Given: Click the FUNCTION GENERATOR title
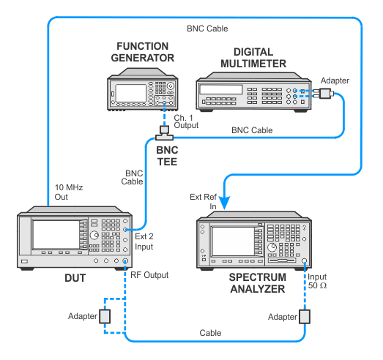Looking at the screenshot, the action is [x=143, y=52].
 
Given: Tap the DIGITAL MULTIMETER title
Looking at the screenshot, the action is [x=253, y=58].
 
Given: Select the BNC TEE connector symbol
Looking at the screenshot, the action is [x=164, y=133].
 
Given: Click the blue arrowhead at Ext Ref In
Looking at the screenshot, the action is [x=224, y=203].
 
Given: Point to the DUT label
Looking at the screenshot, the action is [x=75, y=278].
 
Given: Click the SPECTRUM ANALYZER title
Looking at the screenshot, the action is [x=258, y=283].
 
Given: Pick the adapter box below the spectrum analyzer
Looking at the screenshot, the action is [x=305, y=317].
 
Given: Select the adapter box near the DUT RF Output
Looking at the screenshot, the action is [x=105, y=316].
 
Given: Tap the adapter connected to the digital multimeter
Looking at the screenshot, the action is [x=324, y=93].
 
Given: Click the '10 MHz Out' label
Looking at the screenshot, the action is [x=69, y=192].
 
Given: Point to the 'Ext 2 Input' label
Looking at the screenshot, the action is [x=144, y=241].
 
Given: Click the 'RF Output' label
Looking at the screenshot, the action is [x=149, y=275].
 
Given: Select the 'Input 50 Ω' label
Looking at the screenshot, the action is [x=317, y=281].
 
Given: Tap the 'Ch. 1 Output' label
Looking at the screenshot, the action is [x=186, y=121].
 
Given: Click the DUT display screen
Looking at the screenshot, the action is [x=56, y=235].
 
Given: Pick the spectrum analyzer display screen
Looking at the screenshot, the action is [x=233, y=241].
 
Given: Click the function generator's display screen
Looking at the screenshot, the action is [x=130, y=93].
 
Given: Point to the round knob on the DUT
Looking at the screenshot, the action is [x=94, y=236].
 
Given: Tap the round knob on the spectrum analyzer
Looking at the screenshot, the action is [x=272, y=247].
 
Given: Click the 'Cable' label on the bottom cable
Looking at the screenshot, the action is [x=210, y=333].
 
